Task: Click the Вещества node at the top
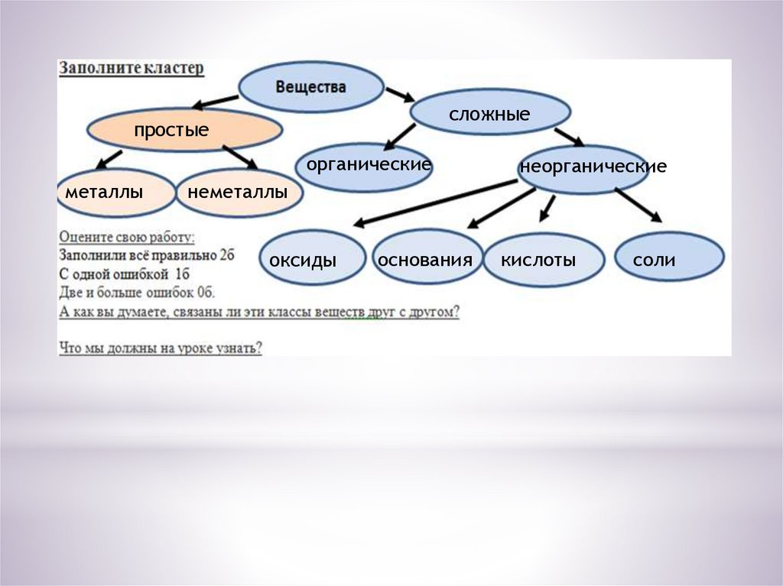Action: click(310, 87)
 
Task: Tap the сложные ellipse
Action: click(489, 114)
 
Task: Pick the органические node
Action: click(364, 166)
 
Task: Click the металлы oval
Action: click(115, 193)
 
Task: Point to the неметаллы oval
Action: click(238, 193)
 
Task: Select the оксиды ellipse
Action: click(309, 258)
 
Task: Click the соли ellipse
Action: click(668, 258)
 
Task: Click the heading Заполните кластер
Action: click(132, 68)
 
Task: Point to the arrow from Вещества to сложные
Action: click(398, 95)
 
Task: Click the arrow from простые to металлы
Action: click(109, 159)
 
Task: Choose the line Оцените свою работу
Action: click(127, 237)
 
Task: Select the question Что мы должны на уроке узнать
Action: click(161, 348)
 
